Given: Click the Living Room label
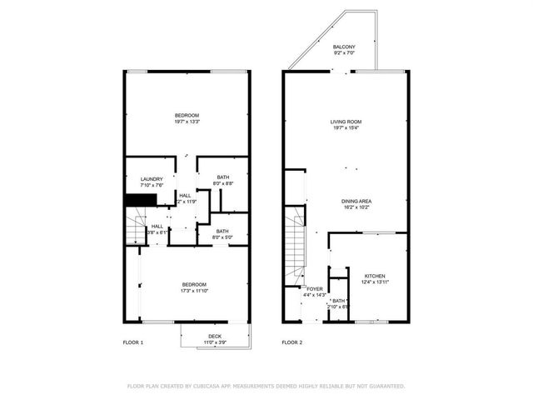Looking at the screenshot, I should pyautogui.click(x=345, y=122).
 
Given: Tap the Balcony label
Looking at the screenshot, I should pyautogui.click(x=344, y=47).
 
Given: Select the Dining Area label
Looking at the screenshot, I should pyautogui.click(x=356, y=201).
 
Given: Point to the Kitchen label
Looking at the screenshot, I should pyautogui.click(x=375, y=276).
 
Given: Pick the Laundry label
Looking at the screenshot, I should pyautogui.click(x=152, y=178).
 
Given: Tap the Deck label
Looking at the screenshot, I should pyautogui.click(x=215, y=336).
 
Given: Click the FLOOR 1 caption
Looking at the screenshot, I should pyautogui.click(x=133, y=342).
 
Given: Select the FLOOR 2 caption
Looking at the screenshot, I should pyautogui.click(x=291, y=342).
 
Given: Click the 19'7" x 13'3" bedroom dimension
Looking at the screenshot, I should pyautogui.click(x=187, y=122).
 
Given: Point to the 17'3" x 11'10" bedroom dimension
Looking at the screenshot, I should pyautogui.click(x=194, y=291).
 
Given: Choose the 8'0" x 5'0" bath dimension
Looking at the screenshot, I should pyautogui.click(x=223, y=237).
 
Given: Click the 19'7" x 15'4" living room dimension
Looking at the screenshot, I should pyautogui.click(x=345, y=128).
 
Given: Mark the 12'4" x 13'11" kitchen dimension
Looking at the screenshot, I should pyautogui.click(x=375, y=282).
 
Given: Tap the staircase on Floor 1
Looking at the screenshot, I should pyautogui.click(x=134, y=227).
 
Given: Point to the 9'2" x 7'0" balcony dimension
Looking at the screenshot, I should pyautogui.click(x=344, y=53).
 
